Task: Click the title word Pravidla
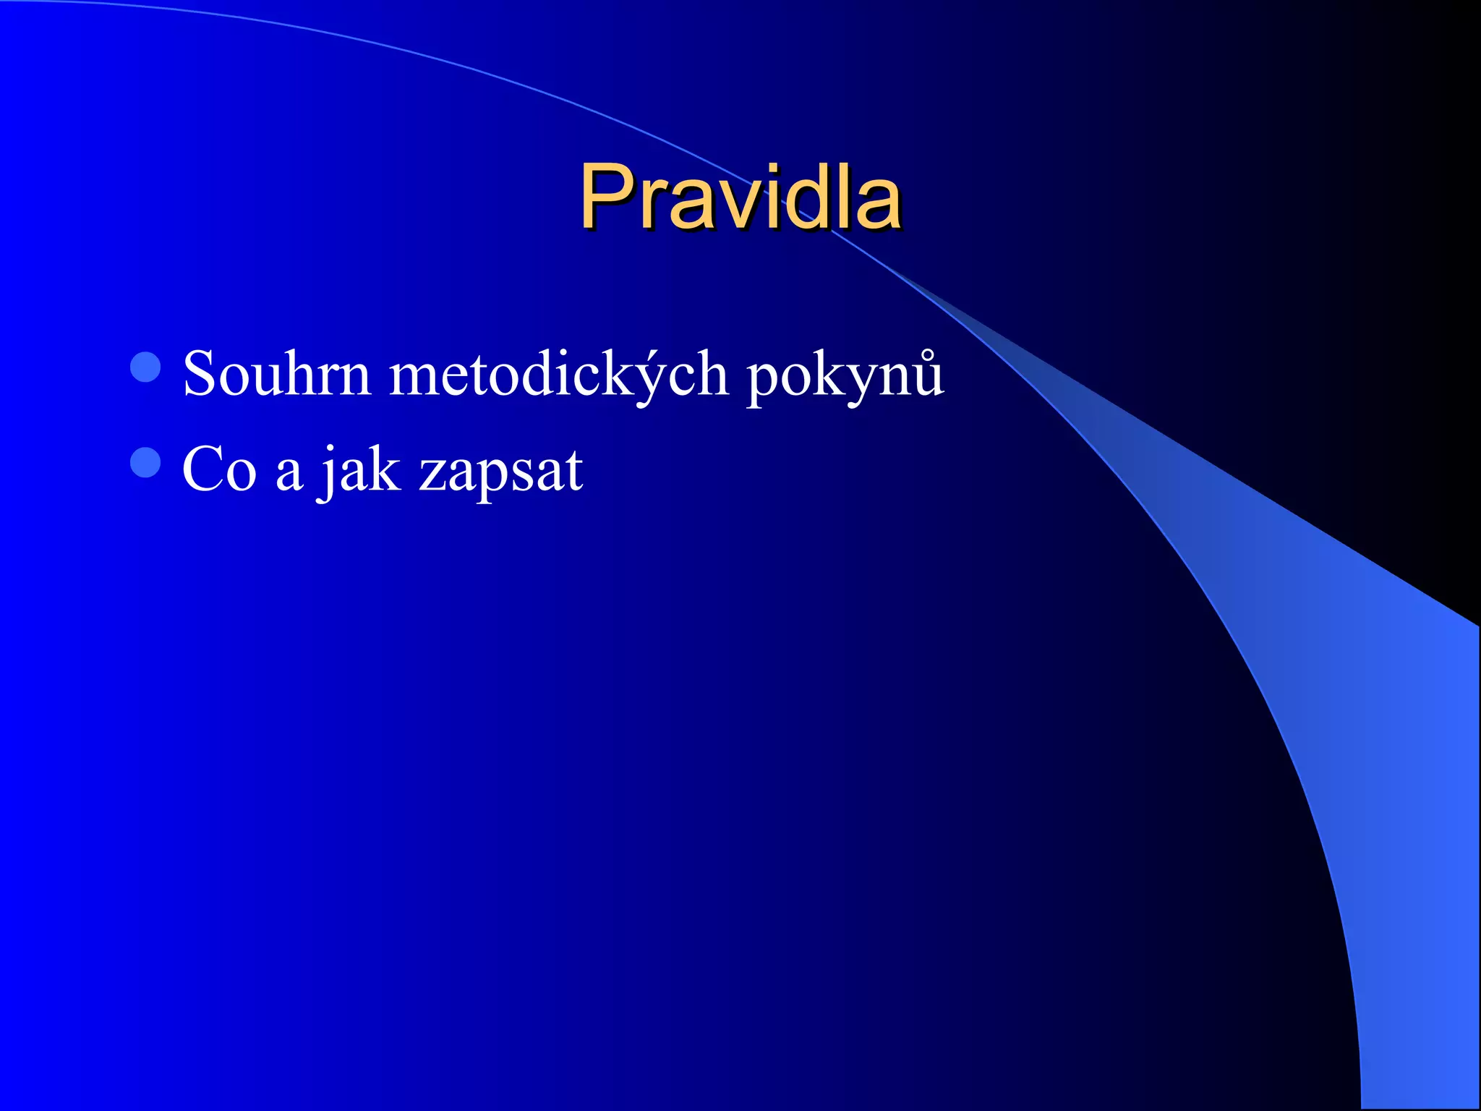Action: [740, 197]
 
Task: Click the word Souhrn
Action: [276, 374]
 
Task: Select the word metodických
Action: [558, 374]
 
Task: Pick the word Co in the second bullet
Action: [219, 470]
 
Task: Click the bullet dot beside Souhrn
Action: [145, 367]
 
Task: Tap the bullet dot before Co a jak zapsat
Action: [145, 462]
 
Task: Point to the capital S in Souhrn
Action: [200, 373]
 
